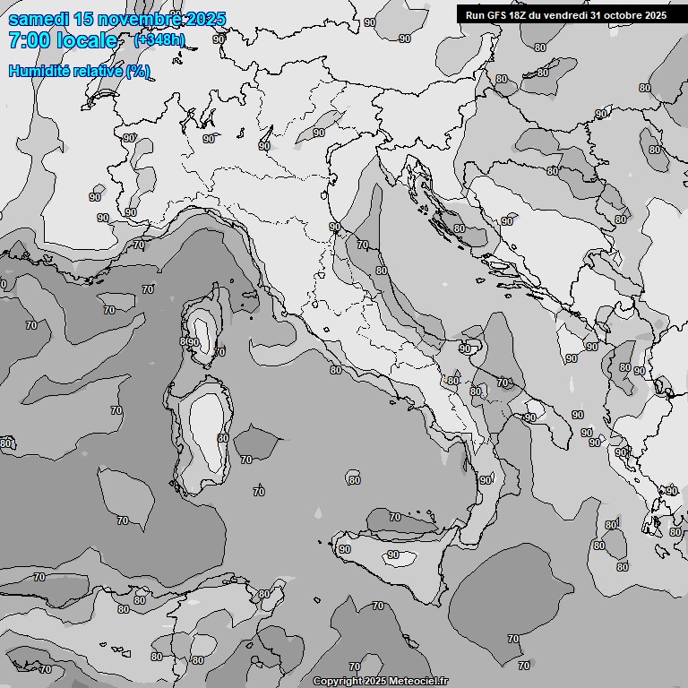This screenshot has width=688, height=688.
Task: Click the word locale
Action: click(x=86, y=40)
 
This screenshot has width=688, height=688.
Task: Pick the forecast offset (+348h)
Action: click(x=159, y=40)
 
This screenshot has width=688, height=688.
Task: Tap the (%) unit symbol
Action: click(x=137, y=72)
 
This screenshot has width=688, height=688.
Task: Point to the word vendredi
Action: click(x=566, y=15)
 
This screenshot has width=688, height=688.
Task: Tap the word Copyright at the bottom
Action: click(x=338, y=682)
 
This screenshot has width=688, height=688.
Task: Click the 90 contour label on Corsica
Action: click(x=193, y=342)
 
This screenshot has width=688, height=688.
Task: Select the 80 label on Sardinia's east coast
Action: click(x=223, y=438)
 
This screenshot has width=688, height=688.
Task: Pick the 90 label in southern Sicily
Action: click(x=392, y=555)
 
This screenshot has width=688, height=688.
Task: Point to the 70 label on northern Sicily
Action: click(x=395, y=517)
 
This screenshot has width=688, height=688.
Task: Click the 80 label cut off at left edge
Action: click(x=5, y=443)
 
